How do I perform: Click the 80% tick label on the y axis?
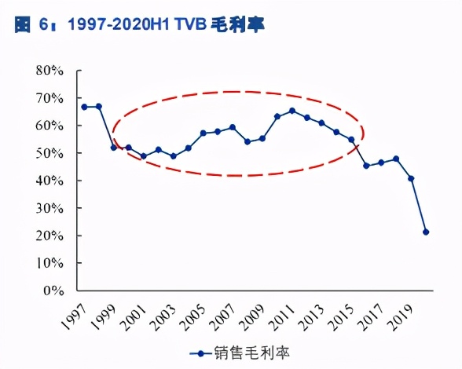point(49,71)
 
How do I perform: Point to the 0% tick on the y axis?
point(52,290)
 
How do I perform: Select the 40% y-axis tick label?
point(49,181)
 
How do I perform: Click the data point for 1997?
point(84,107)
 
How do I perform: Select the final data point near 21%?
point(426,232)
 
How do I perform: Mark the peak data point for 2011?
point(292,111)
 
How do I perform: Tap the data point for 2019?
point(411,178)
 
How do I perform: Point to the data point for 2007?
point(233,127)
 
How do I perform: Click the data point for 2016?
point(366,166)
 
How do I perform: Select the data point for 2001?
point(143,156)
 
